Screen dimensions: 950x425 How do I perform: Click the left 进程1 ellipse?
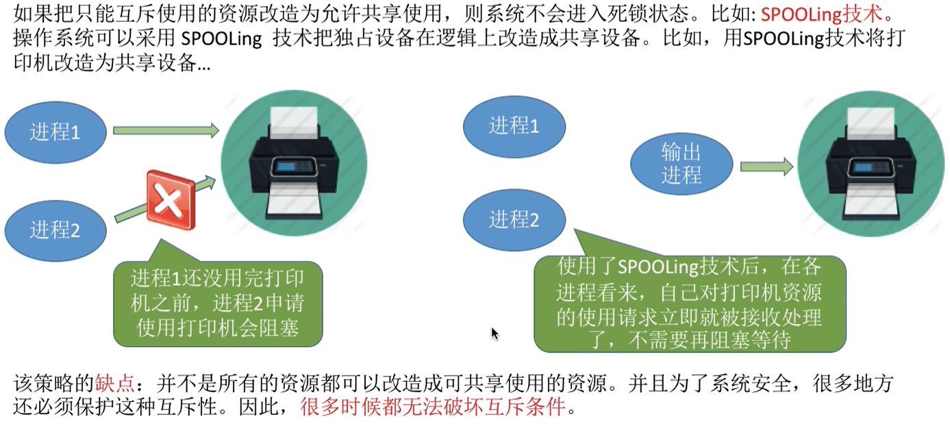55,132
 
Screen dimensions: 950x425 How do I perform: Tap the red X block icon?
171,200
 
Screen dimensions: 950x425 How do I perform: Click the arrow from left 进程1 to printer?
165,130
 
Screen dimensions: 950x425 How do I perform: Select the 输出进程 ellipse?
682,164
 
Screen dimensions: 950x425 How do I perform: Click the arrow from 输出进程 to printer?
766,165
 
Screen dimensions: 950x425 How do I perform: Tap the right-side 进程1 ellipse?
514,125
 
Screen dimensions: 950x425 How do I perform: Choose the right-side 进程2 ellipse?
514,219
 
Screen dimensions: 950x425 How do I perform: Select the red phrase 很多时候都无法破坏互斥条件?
433,408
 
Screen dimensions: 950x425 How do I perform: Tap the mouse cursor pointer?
495,333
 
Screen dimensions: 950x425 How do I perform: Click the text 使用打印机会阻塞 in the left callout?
218,328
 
